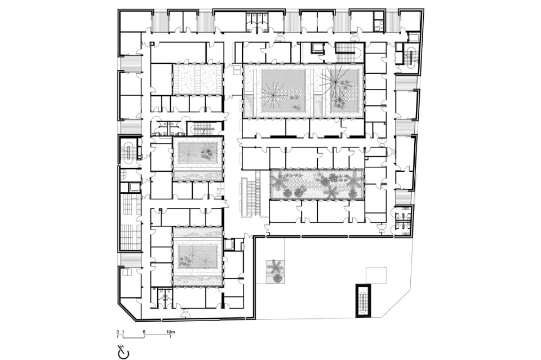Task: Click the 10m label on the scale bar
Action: [x=170, y=332]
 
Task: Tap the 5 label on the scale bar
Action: [x=144, y=332]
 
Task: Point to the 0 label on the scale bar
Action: [x=118, y=332]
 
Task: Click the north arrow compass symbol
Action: [x=123, y=351]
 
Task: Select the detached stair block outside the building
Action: [x=362, y=300]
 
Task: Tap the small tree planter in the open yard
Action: [x=276, y=272]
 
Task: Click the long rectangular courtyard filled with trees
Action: [x=317, y=184]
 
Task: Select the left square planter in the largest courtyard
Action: [x=283, y=91]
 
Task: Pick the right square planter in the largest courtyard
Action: [x=344, y=91]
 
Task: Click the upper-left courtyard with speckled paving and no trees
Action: [x=198, y=79]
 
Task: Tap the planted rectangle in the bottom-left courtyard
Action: [x=198, y=257]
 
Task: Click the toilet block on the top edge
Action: [x=257, y=21]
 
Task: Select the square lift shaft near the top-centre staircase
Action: [x=316, y=47]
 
